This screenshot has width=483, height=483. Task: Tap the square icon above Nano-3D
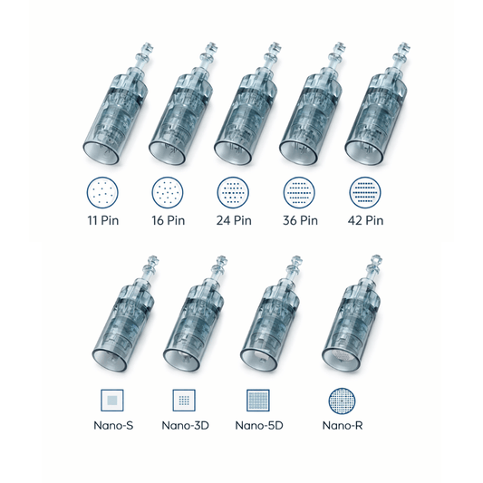(184, 400)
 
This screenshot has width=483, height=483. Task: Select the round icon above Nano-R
(343, 400)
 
